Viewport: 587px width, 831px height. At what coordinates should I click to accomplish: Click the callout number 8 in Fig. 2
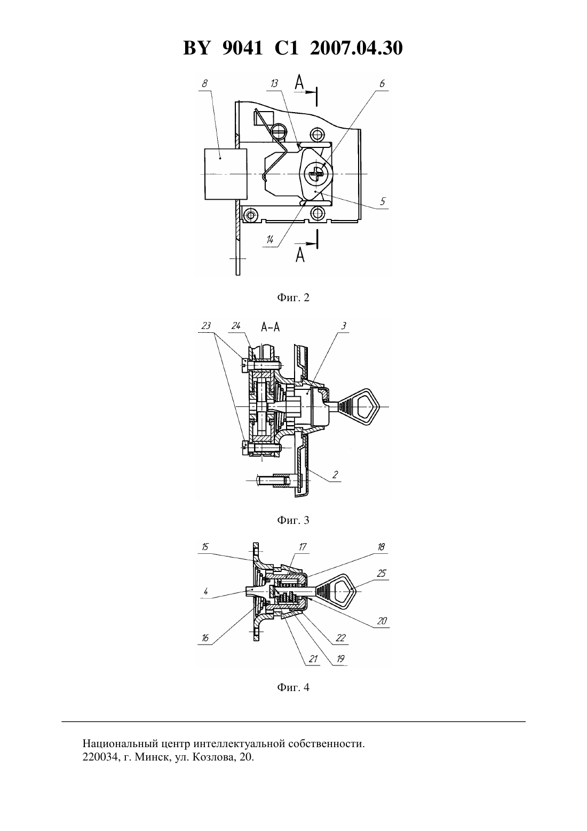click(204, 83)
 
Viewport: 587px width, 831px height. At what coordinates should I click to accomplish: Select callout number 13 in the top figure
click(274, 83)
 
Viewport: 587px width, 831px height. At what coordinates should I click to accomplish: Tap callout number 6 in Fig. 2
click(382, 83)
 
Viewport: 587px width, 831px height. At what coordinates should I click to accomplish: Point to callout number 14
click(270, 240)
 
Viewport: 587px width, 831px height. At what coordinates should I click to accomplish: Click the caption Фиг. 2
click(293, 297)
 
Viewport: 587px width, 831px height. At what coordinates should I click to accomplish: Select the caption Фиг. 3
click(293, 520)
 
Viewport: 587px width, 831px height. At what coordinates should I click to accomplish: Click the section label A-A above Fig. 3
click(270, 327)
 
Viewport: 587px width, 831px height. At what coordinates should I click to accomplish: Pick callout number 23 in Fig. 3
click(206, 326)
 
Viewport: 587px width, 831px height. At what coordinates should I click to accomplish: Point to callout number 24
click(236, 326)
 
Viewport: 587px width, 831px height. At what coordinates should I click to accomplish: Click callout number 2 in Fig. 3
click(335, 475)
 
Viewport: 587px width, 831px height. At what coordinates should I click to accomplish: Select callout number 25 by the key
click(382, 574)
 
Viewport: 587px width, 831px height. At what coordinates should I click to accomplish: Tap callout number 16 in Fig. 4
click(205, 638)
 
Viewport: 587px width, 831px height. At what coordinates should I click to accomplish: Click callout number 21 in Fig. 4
click(313, 659)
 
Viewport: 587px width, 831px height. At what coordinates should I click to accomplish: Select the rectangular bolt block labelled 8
click(226, 174)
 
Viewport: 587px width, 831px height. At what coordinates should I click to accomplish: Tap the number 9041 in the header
click(242, 48)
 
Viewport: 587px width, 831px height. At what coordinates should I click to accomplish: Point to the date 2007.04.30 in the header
click(356, 48)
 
